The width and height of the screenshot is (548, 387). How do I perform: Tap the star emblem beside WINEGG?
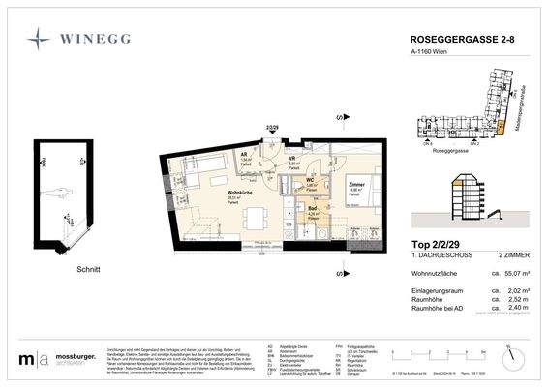(40, 40)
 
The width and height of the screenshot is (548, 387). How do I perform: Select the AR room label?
(245, 154)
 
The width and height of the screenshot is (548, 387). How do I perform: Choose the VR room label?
(291, 159)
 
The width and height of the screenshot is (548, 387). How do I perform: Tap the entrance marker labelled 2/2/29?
(271, 127)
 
